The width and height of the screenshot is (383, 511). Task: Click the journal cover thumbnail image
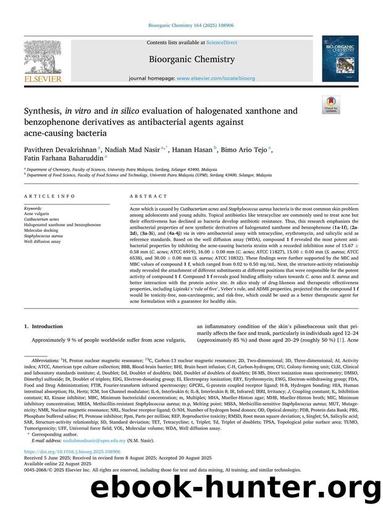pos(340,59)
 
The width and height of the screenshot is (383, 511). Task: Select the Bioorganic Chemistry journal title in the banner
pos(192,59)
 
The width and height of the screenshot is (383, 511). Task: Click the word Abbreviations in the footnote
pos(46,358)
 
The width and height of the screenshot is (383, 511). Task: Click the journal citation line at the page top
pos(191,26)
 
